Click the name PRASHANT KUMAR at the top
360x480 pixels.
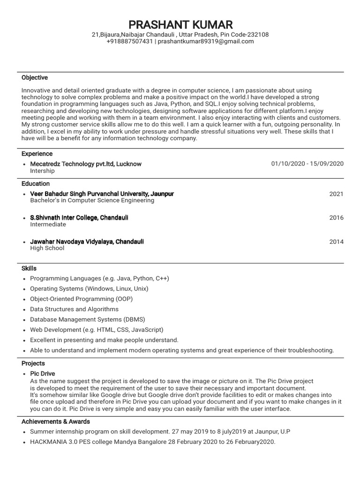(180, 24)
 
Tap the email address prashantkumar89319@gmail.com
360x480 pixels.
(206, 41)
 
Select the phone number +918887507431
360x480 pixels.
(129, 41)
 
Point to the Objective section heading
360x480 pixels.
(35, 77)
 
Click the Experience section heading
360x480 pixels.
(37, 154)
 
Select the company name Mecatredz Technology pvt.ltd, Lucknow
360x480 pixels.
(86, 164)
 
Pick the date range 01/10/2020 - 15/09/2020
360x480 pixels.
(307, 164)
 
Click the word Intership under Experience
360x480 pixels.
(42, 171)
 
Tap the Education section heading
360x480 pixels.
(36, 184)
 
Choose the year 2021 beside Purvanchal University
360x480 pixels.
(336, 194)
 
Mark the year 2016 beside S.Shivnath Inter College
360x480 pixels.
(336, 217)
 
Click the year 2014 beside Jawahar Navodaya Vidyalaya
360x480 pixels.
(336, 242)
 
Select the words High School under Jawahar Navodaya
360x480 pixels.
(47, 248)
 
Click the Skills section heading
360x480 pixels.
(29, 269)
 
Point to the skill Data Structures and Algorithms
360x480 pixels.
(74, 309)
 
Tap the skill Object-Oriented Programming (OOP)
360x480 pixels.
(82, 299)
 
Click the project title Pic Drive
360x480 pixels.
(42, 374)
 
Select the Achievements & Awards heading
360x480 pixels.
(56, 421)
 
